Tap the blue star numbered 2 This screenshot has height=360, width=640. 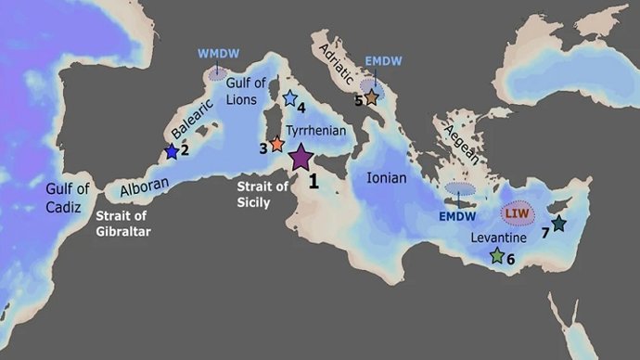click(x=172, y=151)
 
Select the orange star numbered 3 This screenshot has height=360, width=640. click(x=276, y=145)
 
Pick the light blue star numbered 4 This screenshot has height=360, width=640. click(x=289, y=97)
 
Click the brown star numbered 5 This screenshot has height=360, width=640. click(x=371, y=96)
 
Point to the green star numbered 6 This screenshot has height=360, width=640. click(x=497, y=255)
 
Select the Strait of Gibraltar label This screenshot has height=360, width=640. click(x=124, y=224)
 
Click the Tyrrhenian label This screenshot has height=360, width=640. click(x=318, y=132)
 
